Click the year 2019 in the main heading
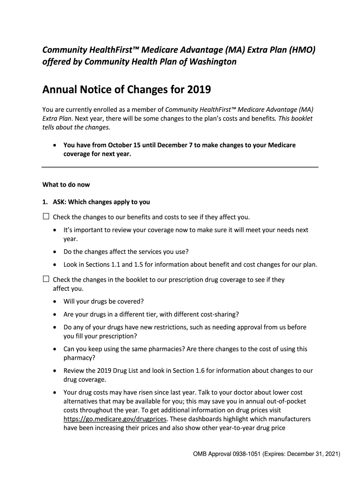pos(197,89)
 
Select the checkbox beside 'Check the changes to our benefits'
pos(46,217)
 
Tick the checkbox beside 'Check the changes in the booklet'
pos(46,279)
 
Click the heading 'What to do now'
pos(66,185)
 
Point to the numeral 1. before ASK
pos(44,202)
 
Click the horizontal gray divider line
pos(180,167)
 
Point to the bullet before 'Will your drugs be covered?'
pos(56,302)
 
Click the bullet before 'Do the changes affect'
pos(56,252)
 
